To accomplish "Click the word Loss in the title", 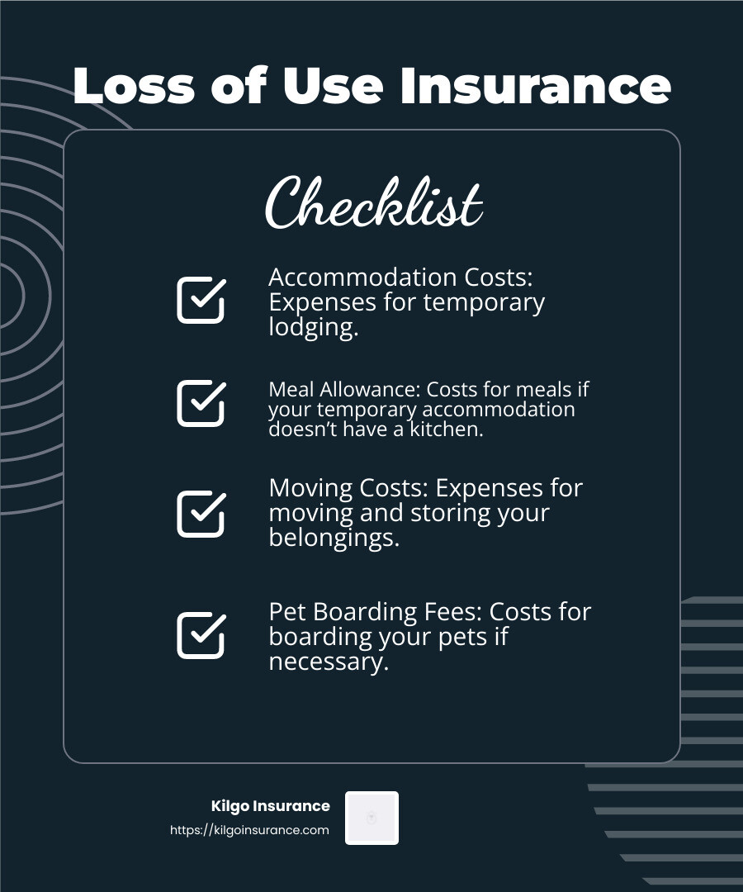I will pos(133,86).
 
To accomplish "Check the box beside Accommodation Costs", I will pos(201,300).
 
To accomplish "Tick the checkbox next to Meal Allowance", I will pos(201,403).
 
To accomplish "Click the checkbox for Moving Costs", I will pos(201,514).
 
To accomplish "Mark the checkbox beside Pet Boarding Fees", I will pos(201,635).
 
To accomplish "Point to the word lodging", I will pos(313,328).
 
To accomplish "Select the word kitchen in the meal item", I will pos(445,429).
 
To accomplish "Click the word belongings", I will pos(334,539).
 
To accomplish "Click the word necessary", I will pos(328,662).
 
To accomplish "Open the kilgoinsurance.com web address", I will pos(249,831).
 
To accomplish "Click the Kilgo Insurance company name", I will pos(271,806).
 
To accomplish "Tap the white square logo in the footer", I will pos(371,818).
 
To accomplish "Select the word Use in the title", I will pos(338,86).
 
